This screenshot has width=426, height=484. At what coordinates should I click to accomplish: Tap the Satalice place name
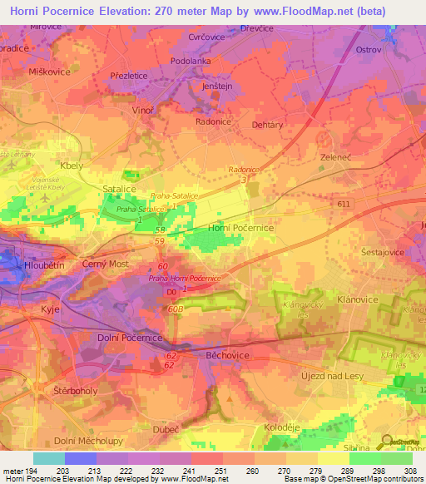(118, 190)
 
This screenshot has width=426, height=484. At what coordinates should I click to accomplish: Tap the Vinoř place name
(144, 110)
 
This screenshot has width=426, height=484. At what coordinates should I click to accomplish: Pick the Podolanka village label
(191, 61)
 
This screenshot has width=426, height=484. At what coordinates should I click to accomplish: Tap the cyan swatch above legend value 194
(49, 458)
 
